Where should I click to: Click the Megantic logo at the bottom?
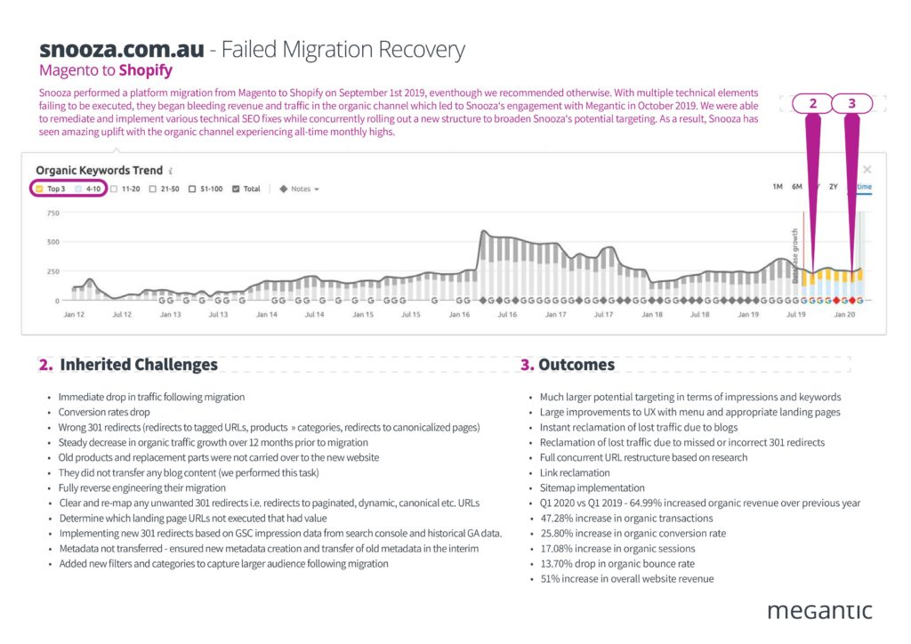click(x=818, y=610)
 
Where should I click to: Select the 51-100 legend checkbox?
click(x=193, y=189)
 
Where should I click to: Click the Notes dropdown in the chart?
click(x=299, y=189)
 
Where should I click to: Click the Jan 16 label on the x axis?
click(x=459, y=315)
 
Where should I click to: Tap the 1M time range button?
click(x=777, y=187)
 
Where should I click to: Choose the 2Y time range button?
click(x=834, y=187)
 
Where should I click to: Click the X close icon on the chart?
click(x=867, y=169)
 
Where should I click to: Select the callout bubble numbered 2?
click(x=812, y=103)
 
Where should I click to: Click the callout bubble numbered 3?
click(x=852, y=103)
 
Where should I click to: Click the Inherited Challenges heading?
click(x=138, y=365)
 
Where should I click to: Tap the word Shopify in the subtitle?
click(x=145, y=70)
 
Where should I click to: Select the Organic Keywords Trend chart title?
click(x=99, y=170)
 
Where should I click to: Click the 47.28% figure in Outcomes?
click(x=558, y=518)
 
